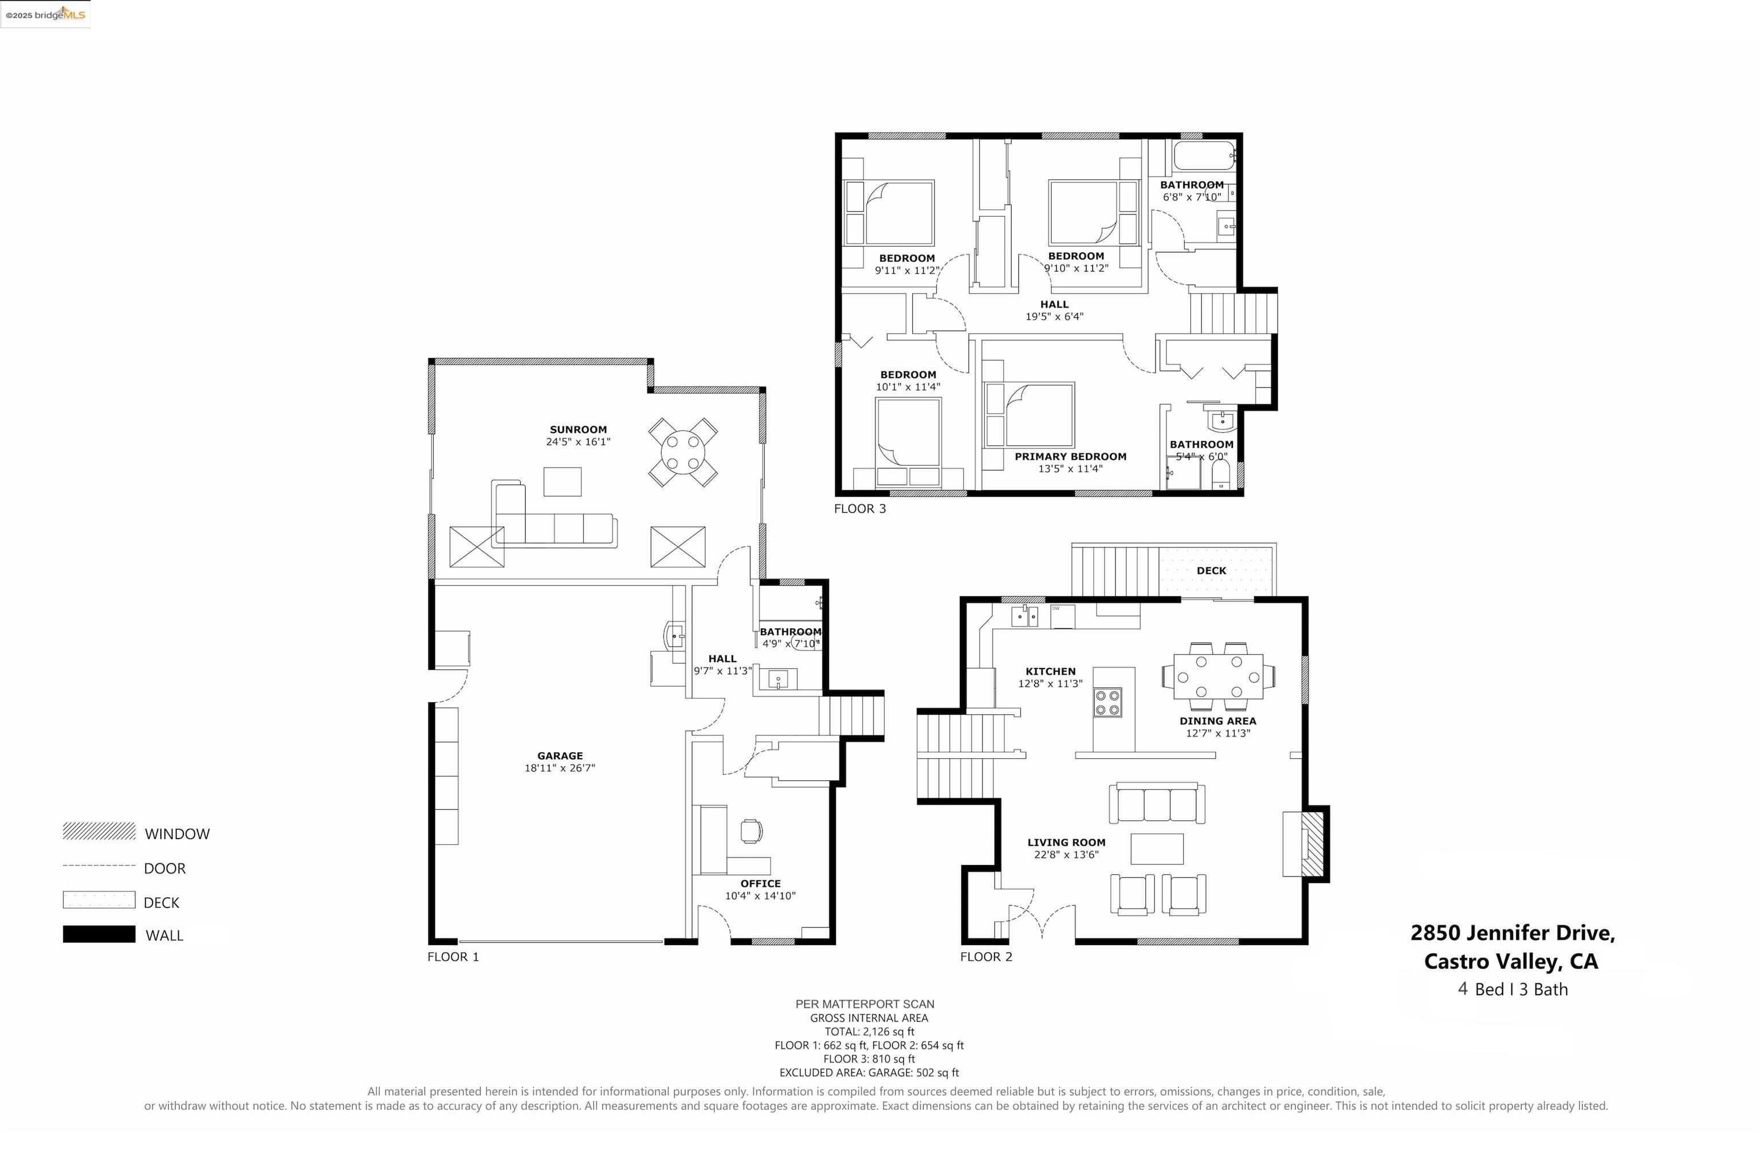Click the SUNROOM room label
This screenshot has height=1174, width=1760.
[577, 430]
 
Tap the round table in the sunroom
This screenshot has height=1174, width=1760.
[682, 452]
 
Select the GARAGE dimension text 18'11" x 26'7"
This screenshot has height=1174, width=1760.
[559, 768]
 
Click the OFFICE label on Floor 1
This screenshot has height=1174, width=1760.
[760, 883]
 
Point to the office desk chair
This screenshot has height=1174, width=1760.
[751, 830]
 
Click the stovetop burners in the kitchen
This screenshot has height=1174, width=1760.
[1107, 702]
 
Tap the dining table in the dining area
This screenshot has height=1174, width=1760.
[1218, 676]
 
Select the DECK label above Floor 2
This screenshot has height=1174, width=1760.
[1211, 570]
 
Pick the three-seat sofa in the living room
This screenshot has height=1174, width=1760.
[1156, 803]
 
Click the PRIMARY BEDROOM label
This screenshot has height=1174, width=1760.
[1070, 457]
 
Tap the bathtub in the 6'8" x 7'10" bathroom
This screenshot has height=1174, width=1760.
[1203, 156]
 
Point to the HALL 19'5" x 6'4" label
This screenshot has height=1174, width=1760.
[1054, 310]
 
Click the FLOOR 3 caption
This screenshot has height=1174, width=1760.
[860, 509]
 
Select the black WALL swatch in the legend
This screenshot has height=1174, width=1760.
[99, 934]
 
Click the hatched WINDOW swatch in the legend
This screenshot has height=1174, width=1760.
[99, 831]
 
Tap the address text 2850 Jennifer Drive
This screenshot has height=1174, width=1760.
[1512, 933]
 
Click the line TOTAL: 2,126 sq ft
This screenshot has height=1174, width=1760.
[869, 1032]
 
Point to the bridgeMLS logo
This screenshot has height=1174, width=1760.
[46, 14]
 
